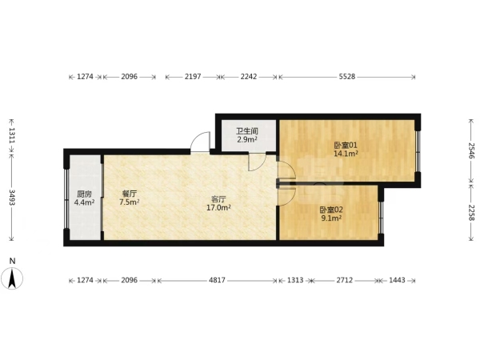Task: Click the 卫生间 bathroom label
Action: [247, 131]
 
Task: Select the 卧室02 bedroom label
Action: [331, 210]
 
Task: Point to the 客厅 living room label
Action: [218, 199]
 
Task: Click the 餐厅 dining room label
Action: [129, 194]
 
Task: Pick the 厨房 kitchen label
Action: [84, 194]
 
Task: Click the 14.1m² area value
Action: [346, 154]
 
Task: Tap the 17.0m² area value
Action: [218, 208]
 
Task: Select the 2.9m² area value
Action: [247, 140]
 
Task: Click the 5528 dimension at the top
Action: [347, 77]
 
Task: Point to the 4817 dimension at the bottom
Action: [217, 280]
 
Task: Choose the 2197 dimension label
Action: [193, 77]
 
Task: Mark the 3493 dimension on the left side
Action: [12, 198]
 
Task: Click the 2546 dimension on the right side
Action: [471, 150]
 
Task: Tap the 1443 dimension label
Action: [397, 280]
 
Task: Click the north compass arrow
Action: [12, 278]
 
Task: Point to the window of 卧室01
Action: [418, 151]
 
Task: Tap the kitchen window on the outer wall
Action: [66, 198]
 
